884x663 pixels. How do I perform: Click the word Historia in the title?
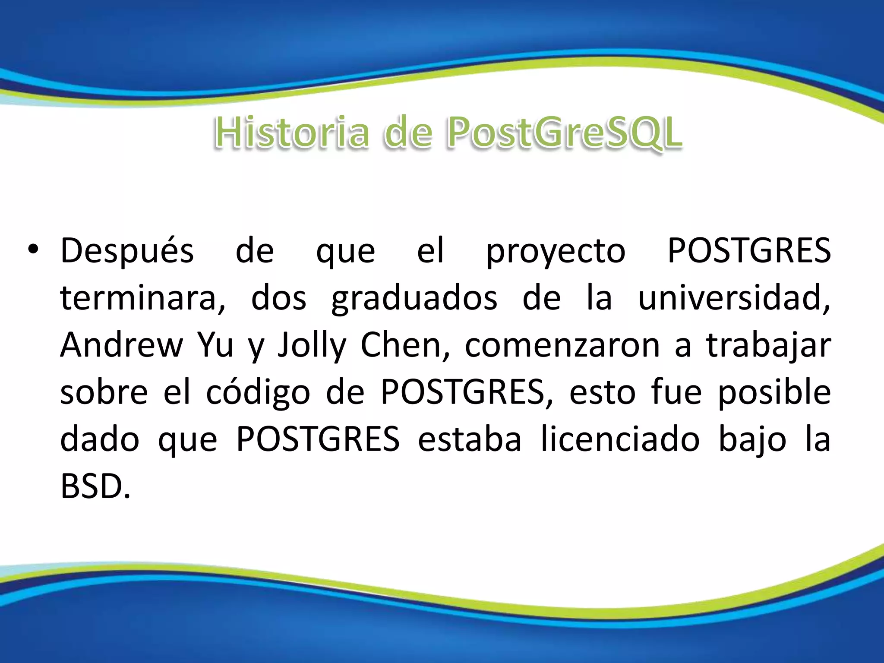point(292,133)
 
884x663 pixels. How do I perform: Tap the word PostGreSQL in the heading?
point(565,133)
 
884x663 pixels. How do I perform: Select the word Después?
point(127,251)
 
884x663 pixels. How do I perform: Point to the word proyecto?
point(556,252)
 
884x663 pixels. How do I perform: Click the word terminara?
point(142,298)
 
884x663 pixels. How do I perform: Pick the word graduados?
point(414,299)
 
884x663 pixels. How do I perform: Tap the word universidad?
point(734,298)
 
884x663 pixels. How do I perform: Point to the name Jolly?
point(312,346)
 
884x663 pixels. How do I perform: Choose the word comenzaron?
point(562,346)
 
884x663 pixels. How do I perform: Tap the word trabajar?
point(768,346)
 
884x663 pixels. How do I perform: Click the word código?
point(258,393)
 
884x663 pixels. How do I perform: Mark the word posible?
point(774,392)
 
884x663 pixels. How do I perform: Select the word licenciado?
point(620,440)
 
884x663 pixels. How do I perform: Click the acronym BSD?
point(95,487)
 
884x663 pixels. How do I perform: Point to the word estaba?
point(470,440)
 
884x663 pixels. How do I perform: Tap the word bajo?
point(752,441)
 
